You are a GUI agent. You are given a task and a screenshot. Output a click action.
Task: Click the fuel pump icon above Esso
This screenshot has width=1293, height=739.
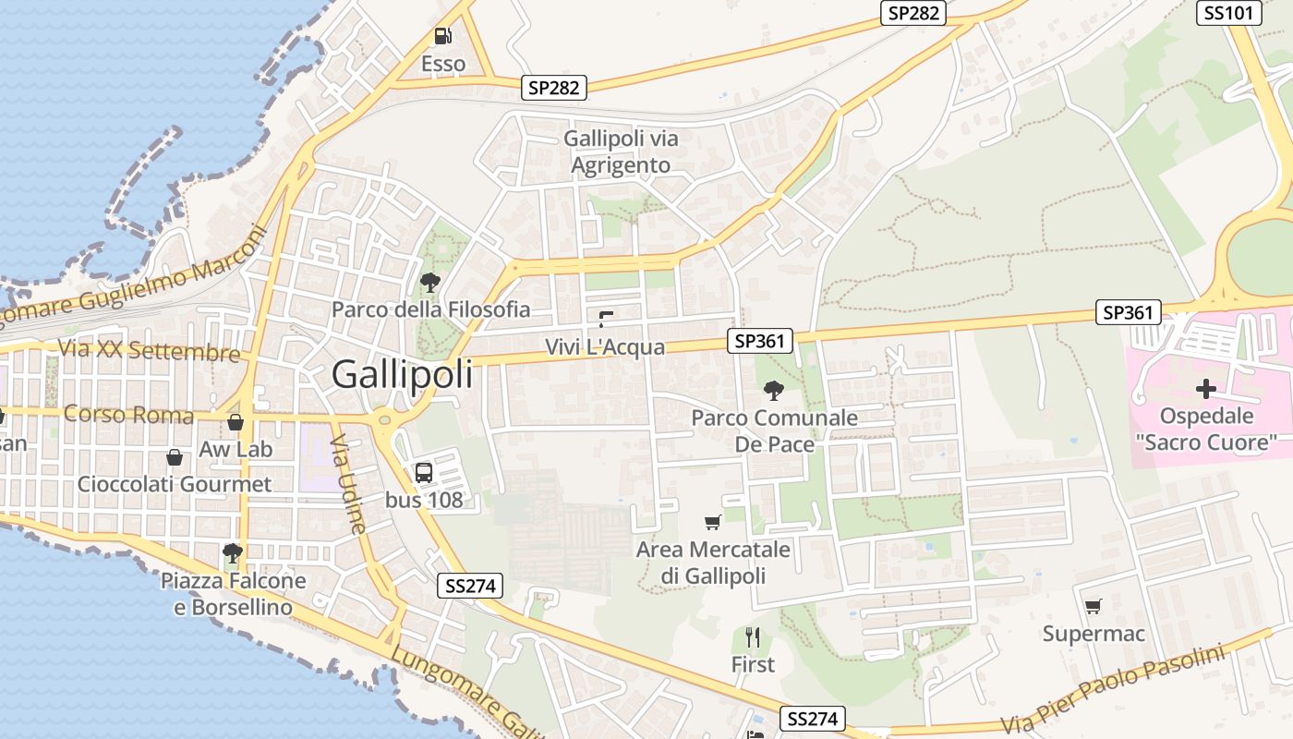point(442,37)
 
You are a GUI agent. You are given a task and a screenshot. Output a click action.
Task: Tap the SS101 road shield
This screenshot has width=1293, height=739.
point(1229,13)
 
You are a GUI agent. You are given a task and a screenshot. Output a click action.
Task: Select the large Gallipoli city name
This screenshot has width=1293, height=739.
point(402,374)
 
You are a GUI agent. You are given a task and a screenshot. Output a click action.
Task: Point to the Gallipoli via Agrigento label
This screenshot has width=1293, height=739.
point(621,151)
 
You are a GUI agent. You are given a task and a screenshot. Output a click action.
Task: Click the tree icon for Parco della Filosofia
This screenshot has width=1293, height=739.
point(429,282)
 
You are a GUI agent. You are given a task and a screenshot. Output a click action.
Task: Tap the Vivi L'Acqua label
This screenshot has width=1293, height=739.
point(605,347)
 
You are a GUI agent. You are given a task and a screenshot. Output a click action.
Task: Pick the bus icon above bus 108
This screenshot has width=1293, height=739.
point(424,473)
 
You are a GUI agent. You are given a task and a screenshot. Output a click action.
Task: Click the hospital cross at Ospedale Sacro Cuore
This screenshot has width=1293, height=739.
point(1205,389)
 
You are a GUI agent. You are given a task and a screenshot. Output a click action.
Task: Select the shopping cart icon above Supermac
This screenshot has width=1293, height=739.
point(1094,607)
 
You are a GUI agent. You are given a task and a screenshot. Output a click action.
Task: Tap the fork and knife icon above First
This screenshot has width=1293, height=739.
point(753,637)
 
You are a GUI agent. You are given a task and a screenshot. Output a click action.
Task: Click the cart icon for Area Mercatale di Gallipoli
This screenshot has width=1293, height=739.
point(712,523)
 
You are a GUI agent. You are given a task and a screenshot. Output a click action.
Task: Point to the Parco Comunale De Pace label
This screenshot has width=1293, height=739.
point(774,430)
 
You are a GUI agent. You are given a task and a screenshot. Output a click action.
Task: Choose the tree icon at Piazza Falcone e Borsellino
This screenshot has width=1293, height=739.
point(233,553)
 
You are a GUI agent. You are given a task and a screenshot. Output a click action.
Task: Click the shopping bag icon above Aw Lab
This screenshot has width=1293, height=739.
point(236,422)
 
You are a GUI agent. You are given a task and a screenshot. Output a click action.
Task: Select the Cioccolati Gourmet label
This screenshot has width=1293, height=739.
point(175,484)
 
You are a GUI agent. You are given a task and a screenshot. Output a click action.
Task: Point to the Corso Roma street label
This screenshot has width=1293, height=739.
point(128,414)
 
